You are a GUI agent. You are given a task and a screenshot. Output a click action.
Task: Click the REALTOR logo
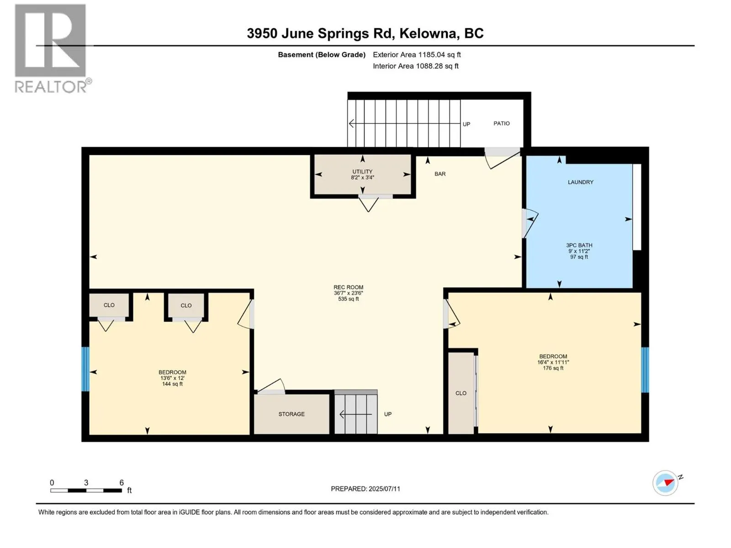51,48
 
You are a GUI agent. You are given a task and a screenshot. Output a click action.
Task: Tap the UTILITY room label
362,174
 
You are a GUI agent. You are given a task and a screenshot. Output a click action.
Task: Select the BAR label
440,174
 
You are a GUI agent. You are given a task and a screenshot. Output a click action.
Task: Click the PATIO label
501,123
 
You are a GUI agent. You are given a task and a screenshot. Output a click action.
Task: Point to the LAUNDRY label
580,182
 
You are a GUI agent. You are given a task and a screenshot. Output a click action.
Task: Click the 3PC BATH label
579,251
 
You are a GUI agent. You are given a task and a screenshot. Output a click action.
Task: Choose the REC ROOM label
348,293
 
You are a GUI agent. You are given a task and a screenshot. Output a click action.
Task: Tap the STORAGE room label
291,414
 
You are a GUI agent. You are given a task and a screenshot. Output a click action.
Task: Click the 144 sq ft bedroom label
172,378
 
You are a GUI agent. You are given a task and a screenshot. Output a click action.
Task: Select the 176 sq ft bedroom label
553,362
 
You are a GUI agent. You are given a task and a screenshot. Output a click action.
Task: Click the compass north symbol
666,483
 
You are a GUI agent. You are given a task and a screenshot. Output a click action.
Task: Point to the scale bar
86,490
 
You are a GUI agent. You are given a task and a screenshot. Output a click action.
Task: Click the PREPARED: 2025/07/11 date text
365,489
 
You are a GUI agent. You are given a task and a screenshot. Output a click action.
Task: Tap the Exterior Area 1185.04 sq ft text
417,55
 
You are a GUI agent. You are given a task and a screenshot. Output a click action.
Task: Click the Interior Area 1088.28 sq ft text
415,66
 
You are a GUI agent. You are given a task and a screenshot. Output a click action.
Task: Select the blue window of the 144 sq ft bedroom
85,369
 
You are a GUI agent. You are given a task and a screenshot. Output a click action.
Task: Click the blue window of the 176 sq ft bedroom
645,369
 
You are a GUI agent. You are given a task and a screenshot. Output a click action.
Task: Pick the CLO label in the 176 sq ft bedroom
461,393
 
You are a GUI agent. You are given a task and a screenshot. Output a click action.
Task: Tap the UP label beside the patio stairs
466,124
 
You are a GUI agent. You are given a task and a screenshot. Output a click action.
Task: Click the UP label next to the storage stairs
387,414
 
